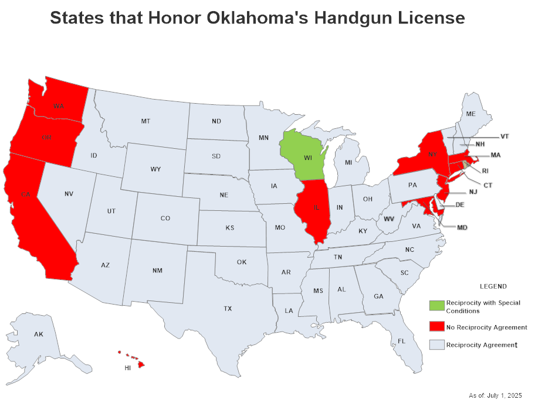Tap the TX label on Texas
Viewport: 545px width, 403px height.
point(228,308)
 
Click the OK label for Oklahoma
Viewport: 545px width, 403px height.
point(242,262)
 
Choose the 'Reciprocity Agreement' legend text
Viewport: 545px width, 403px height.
point(481,345)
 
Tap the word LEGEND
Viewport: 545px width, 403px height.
point(493,286)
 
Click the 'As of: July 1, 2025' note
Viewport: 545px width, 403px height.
point(495,395)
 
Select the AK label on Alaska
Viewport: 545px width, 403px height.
point(38,334)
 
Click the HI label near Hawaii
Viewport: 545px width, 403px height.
point(127,368)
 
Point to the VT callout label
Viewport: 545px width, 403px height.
point(504,136)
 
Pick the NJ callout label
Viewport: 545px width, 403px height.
point(473,192)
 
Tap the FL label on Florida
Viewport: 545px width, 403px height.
point(401,341)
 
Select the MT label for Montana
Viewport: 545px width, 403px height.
point(145,121)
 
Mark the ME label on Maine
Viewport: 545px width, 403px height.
point(470,114)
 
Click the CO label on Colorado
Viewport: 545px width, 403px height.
point(165,218)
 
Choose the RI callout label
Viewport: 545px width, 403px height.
point(485,172)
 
